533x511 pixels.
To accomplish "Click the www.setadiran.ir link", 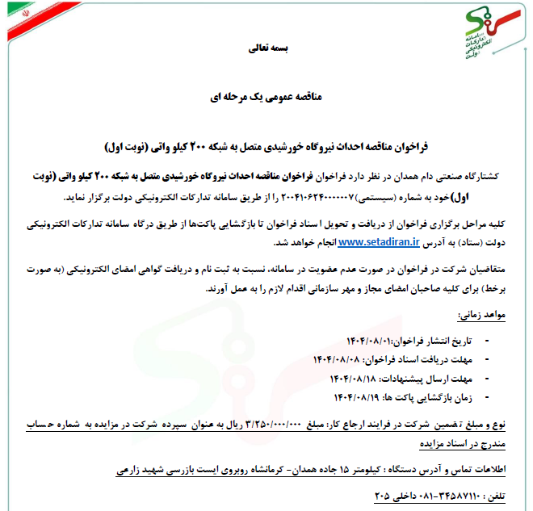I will [377, 241].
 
